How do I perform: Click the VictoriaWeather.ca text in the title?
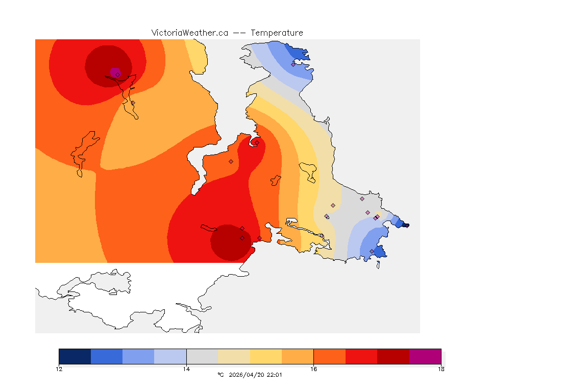(189, 33)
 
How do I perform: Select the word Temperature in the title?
(277, 33)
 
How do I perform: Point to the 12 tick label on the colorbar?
(59, 369)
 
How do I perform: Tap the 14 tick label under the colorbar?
(186, 369)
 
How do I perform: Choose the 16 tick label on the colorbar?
(313, 369)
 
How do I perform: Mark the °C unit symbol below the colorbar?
(220, 375)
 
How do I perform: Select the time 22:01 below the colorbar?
(275, 375)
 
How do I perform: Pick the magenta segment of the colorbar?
(425, 356)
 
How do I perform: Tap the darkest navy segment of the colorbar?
(75, 356)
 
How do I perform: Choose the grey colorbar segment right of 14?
(202, 356)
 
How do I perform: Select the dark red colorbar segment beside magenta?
(393, 356)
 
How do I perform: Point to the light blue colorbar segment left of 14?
(170, 356)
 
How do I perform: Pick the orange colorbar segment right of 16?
(329, 356)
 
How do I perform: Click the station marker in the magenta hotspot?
(117, 75)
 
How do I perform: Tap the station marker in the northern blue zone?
(293, 64)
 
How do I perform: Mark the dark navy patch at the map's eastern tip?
(405, 225)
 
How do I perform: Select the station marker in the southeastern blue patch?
(372, 251)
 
